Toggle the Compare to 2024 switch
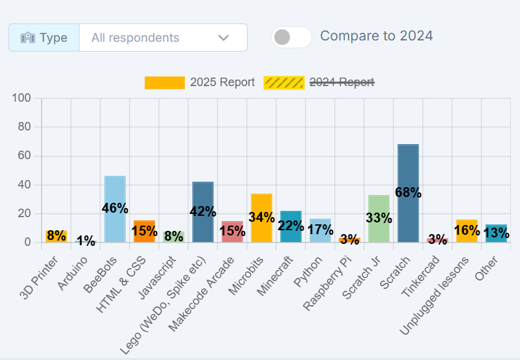291,37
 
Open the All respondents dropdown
163,38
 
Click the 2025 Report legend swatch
164,82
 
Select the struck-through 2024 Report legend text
341,82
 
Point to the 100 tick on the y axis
22,98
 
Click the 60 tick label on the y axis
25,156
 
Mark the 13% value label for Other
496,233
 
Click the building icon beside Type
27,38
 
